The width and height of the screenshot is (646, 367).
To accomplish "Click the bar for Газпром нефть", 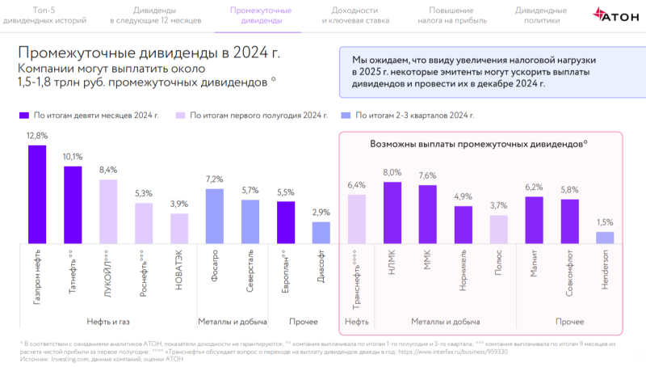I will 37,194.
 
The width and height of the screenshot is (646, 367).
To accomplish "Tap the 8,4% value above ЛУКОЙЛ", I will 108,170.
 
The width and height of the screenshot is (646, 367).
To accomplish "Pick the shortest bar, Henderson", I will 605,238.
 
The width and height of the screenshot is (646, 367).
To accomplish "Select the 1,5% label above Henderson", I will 605,222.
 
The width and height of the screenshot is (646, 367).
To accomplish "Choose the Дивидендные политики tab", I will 541,15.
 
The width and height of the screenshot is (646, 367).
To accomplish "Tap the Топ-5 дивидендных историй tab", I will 44,15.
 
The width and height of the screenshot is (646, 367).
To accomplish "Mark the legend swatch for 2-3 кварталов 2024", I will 346,116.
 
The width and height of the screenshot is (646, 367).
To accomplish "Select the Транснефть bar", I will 357,218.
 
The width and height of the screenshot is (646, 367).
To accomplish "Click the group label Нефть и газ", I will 108,322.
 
